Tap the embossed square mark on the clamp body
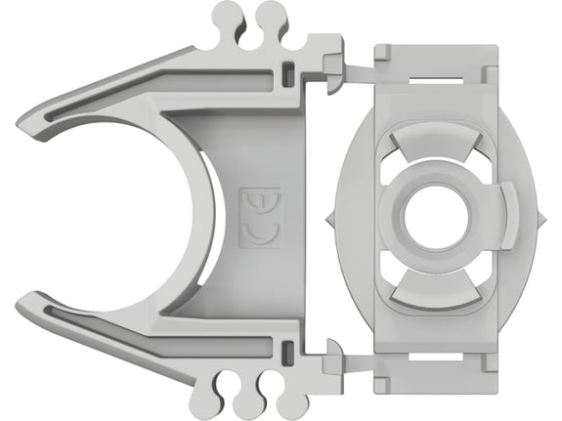pyautogui.click(x=260, y=218)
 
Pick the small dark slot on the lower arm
pyautogui.click(x=285, y=351)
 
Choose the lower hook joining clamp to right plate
pyautogui.click(x=334, y=354)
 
